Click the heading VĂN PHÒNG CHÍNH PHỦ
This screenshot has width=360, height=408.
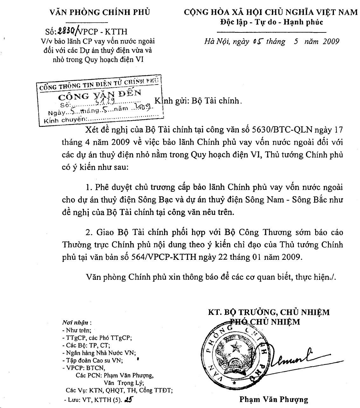[100, 12]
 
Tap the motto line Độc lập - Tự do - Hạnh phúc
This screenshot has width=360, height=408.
[271, 22]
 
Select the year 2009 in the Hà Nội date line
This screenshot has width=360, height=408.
[331, 42]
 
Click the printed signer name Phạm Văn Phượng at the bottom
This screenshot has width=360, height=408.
[274, 399]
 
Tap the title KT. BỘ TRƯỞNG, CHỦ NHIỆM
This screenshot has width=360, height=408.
[269, 312]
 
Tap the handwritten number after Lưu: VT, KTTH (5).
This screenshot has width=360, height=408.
[128, 399]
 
